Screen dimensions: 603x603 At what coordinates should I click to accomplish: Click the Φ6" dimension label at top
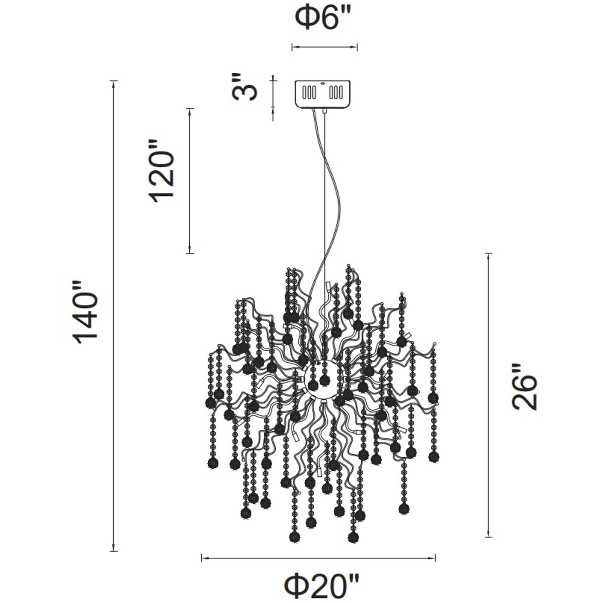pyautogui.click(x=324, y=19)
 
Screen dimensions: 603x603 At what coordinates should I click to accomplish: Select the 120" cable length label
pyautogui.click(x=162, y=171)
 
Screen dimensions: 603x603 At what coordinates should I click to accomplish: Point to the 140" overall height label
pyautogui.click(x=85, y=312)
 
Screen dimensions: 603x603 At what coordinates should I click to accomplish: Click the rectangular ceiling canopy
pyautogui.click(x=323, y=93)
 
